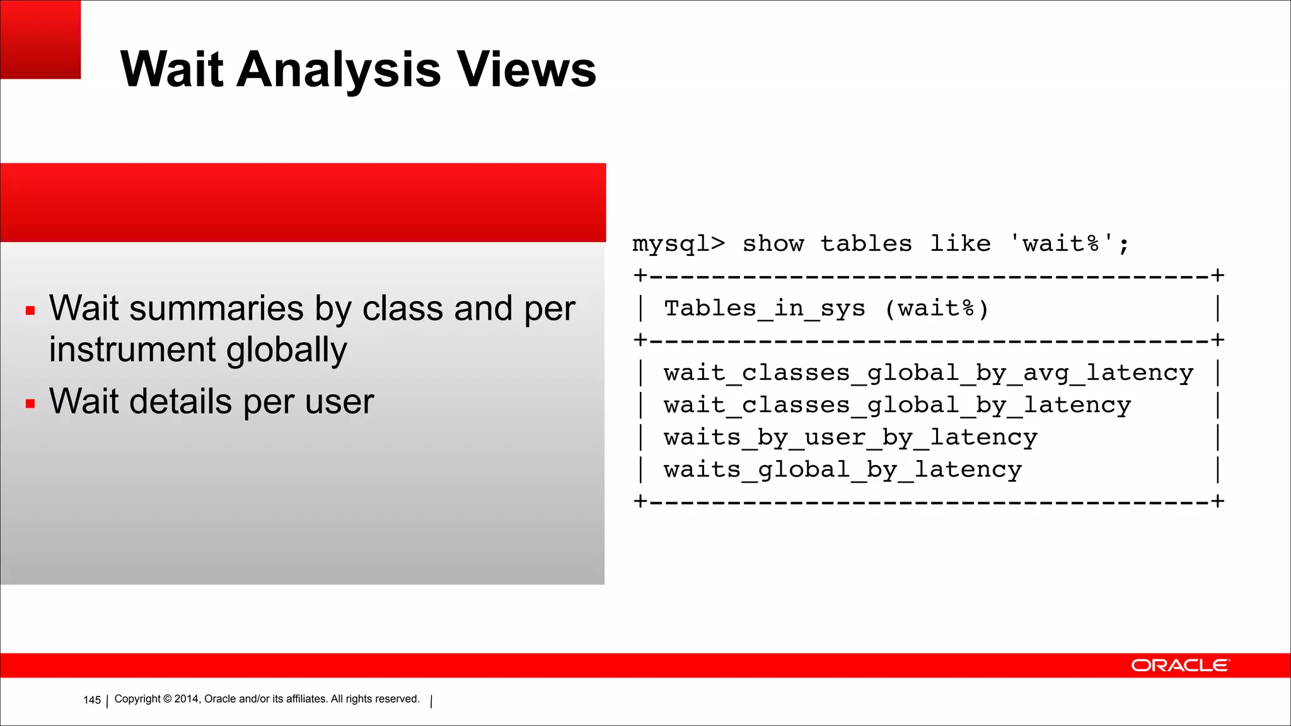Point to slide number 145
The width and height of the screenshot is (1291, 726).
coord(92,700)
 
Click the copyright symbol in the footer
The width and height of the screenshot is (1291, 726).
coord(167,699)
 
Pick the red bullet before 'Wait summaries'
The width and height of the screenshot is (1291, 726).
coord(30,310)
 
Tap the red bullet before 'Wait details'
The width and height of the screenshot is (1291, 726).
coord(30,403)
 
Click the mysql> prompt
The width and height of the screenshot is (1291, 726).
coord(679,244)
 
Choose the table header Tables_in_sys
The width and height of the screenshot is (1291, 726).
coord(765,309)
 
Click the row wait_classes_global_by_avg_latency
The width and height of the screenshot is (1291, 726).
coord(928,373)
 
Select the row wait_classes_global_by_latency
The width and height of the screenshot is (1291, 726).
coord(897,405)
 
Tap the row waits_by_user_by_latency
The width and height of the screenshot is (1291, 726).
coord(850,437)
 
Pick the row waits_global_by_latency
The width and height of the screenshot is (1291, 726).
coord(842,470)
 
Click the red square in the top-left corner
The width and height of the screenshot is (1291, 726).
coord(40,39)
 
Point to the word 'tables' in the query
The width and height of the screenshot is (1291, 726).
coord(866,244)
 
